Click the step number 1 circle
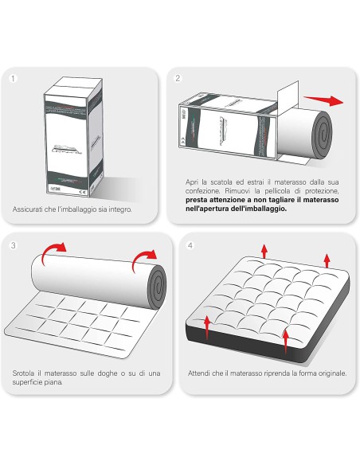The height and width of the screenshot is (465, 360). [x=13, y=79]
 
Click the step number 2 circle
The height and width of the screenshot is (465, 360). [x=178, y=78]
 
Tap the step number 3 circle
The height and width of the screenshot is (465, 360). [x=13, y=245]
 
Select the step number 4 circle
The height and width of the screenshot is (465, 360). [x=190, y=245]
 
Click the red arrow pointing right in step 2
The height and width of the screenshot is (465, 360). [x=323, y=100]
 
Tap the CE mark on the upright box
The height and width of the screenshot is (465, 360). [x=83, y=192]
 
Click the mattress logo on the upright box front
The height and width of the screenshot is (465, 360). [x=67, y=149]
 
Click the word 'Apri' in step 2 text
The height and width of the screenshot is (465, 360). [x=192, y=182]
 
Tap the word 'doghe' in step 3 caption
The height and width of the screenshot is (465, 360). [x=108, y=373]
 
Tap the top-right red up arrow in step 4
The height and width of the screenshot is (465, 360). [x=327, y=260]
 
